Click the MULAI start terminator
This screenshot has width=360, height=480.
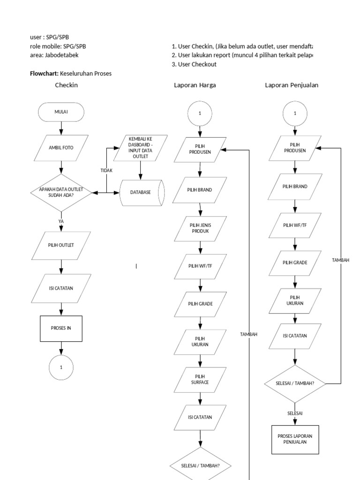click(x=61, y=112)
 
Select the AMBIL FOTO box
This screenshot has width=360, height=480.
click(x=61, y=147)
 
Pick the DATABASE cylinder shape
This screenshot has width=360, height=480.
click(x=142, y=192)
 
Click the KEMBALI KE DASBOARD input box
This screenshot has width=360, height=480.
click(x=139, y=147)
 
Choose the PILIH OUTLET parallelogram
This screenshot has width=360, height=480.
click(x=61, y=245)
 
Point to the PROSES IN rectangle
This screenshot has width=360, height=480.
click(x=61, y=328)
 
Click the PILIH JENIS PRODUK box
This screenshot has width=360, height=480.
click(x=200, y=228)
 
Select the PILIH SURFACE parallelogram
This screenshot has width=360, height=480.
click(x=200, y=379)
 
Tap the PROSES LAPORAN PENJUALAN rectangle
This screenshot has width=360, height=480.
click(x=295, y=439)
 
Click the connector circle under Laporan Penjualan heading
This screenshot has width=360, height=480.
click(x=295, y=113)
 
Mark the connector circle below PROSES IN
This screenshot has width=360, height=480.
click(x=61, y=367)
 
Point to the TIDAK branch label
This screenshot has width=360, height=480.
click(x=106, y=171)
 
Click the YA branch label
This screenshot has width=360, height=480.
click(x=61, y=220)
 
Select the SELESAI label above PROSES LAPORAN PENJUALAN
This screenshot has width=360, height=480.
click(x=295, y=413)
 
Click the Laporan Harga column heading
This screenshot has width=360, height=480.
click(x=195, y=85)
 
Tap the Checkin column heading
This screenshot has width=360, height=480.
click(x=66, y=85)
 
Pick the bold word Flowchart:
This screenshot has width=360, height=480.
click(x=44, y=74)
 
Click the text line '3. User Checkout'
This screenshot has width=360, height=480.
click(x=194, y=64)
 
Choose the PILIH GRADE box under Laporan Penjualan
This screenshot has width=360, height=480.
click(x=295, y=262)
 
